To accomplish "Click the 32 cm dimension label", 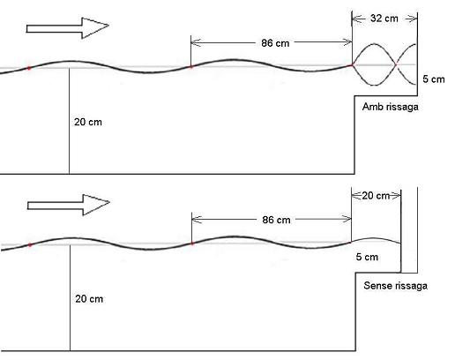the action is (x=384, y=19).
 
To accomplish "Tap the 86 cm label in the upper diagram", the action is (x=275, y=43).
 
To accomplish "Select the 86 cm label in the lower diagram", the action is (x=276, y=220).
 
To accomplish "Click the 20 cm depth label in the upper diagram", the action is (x=88, y=122).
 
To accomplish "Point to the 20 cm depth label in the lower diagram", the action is (x=89, y=299).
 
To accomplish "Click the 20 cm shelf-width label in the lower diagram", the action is (x=376, y=196).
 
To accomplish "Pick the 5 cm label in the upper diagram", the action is (x=434, y=79).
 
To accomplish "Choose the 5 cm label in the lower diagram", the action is (x=367, y=257).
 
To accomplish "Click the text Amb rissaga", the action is (x=391, y=107).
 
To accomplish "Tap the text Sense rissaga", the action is (x=395, y=286).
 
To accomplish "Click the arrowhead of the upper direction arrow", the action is (x=95, y=28).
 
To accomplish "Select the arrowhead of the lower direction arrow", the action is (x=96, y=205).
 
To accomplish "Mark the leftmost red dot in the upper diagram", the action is (x=29, y=68).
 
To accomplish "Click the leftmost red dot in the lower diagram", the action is (x=30, y=244).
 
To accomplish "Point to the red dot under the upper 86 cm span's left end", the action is (x=190, y=67).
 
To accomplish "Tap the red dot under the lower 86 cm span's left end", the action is (x=192, y=244).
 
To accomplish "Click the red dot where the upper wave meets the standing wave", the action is (x=352, y=65).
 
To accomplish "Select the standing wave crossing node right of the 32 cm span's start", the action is (x=396, y=64).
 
